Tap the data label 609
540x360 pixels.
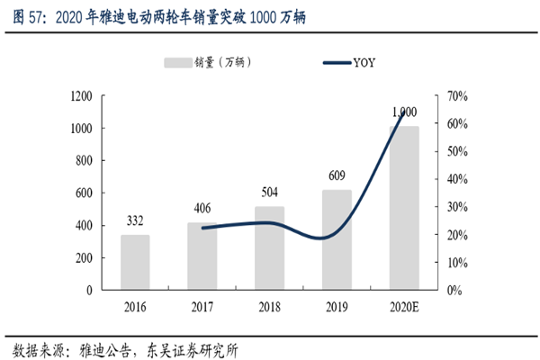click(x=335, y=175)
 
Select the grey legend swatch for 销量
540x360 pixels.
click(x=177, y=62)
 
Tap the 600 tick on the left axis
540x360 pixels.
click(x=84, y=193)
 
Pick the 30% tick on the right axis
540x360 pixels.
click(x=454, y=207)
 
